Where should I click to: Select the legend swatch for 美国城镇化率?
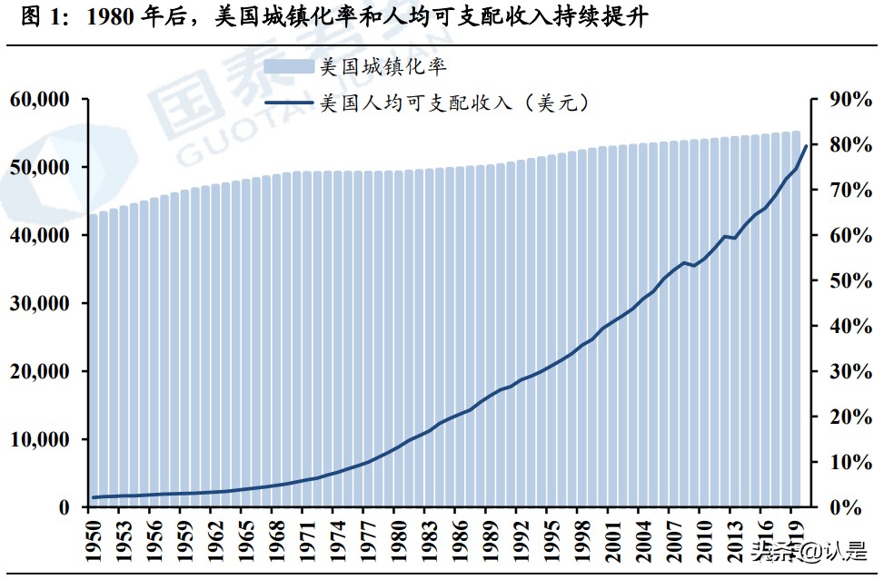(x=288, y=66)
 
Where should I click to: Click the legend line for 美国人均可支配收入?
(x=288, y=103)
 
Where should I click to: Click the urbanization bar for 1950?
(x=94, y=363)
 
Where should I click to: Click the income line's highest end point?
(x=805, y=146)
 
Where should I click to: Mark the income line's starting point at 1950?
(x=94, y=497)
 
